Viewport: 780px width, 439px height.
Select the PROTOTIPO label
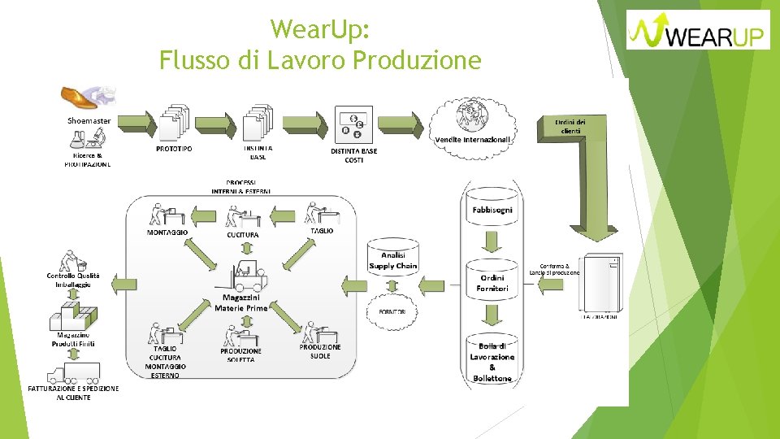174,149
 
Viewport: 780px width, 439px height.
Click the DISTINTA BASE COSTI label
354,155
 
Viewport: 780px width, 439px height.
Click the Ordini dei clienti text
569,126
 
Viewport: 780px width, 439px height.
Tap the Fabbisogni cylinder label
492,210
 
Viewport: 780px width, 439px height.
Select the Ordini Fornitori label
492,283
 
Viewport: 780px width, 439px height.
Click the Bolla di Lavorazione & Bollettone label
492,362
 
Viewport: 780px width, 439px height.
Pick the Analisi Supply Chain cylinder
392,261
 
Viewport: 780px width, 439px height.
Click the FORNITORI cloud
393,311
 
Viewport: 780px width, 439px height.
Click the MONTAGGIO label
167,233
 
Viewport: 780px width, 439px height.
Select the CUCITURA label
243,235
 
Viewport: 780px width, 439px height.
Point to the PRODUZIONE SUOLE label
320,351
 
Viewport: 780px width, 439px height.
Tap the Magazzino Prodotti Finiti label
73,339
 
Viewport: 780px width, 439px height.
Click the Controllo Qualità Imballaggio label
73,280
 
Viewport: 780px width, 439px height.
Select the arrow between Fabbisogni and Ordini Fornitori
492,241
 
